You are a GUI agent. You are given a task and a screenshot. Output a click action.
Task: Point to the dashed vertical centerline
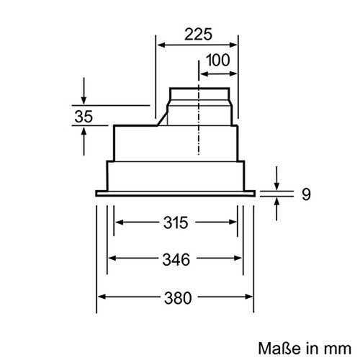[x=197, y=144]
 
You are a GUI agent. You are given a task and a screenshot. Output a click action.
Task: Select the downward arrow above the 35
[x=85, y=98]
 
